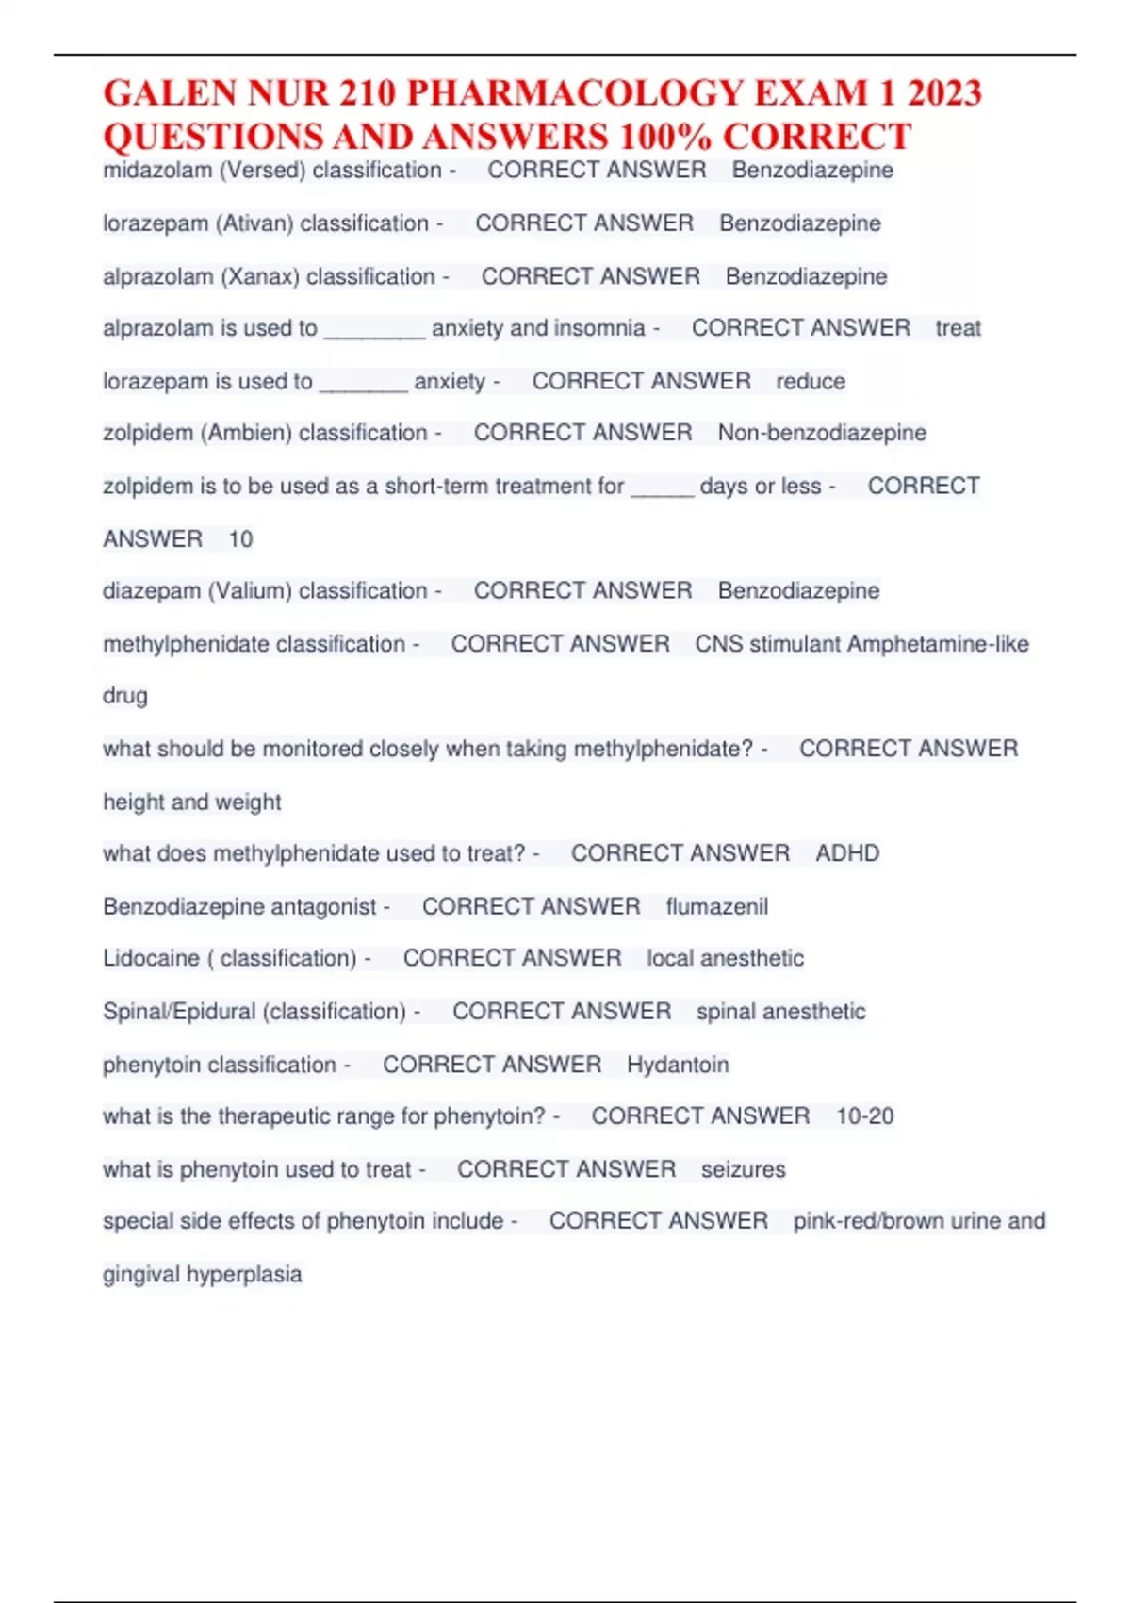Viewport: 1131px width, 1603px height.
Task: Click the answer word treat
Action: pos(958,328)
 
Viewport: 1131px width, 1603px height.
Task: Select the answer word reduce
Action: pos(811,382)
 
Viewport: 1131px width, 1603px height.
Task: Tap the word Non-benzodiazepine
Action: pos(822,433)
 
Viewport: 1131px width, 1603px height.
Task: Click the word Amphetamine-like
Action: pos(938,644)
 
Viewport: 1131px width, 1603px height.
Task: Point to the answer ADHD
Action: pos(847,853)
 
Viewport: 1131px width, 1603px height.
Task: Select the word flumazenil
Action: pos(716,907)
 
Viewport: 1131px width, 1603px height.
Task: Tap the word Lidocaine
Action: pos(151,959)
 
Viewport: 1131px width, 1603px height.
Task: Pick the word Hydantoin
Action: pos(678,1065)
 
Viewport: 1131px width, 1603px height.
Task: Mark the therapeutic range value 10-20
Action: pos(865,1116)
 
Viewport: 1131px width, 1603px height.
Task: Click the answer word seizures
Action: pos(743,1169)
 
